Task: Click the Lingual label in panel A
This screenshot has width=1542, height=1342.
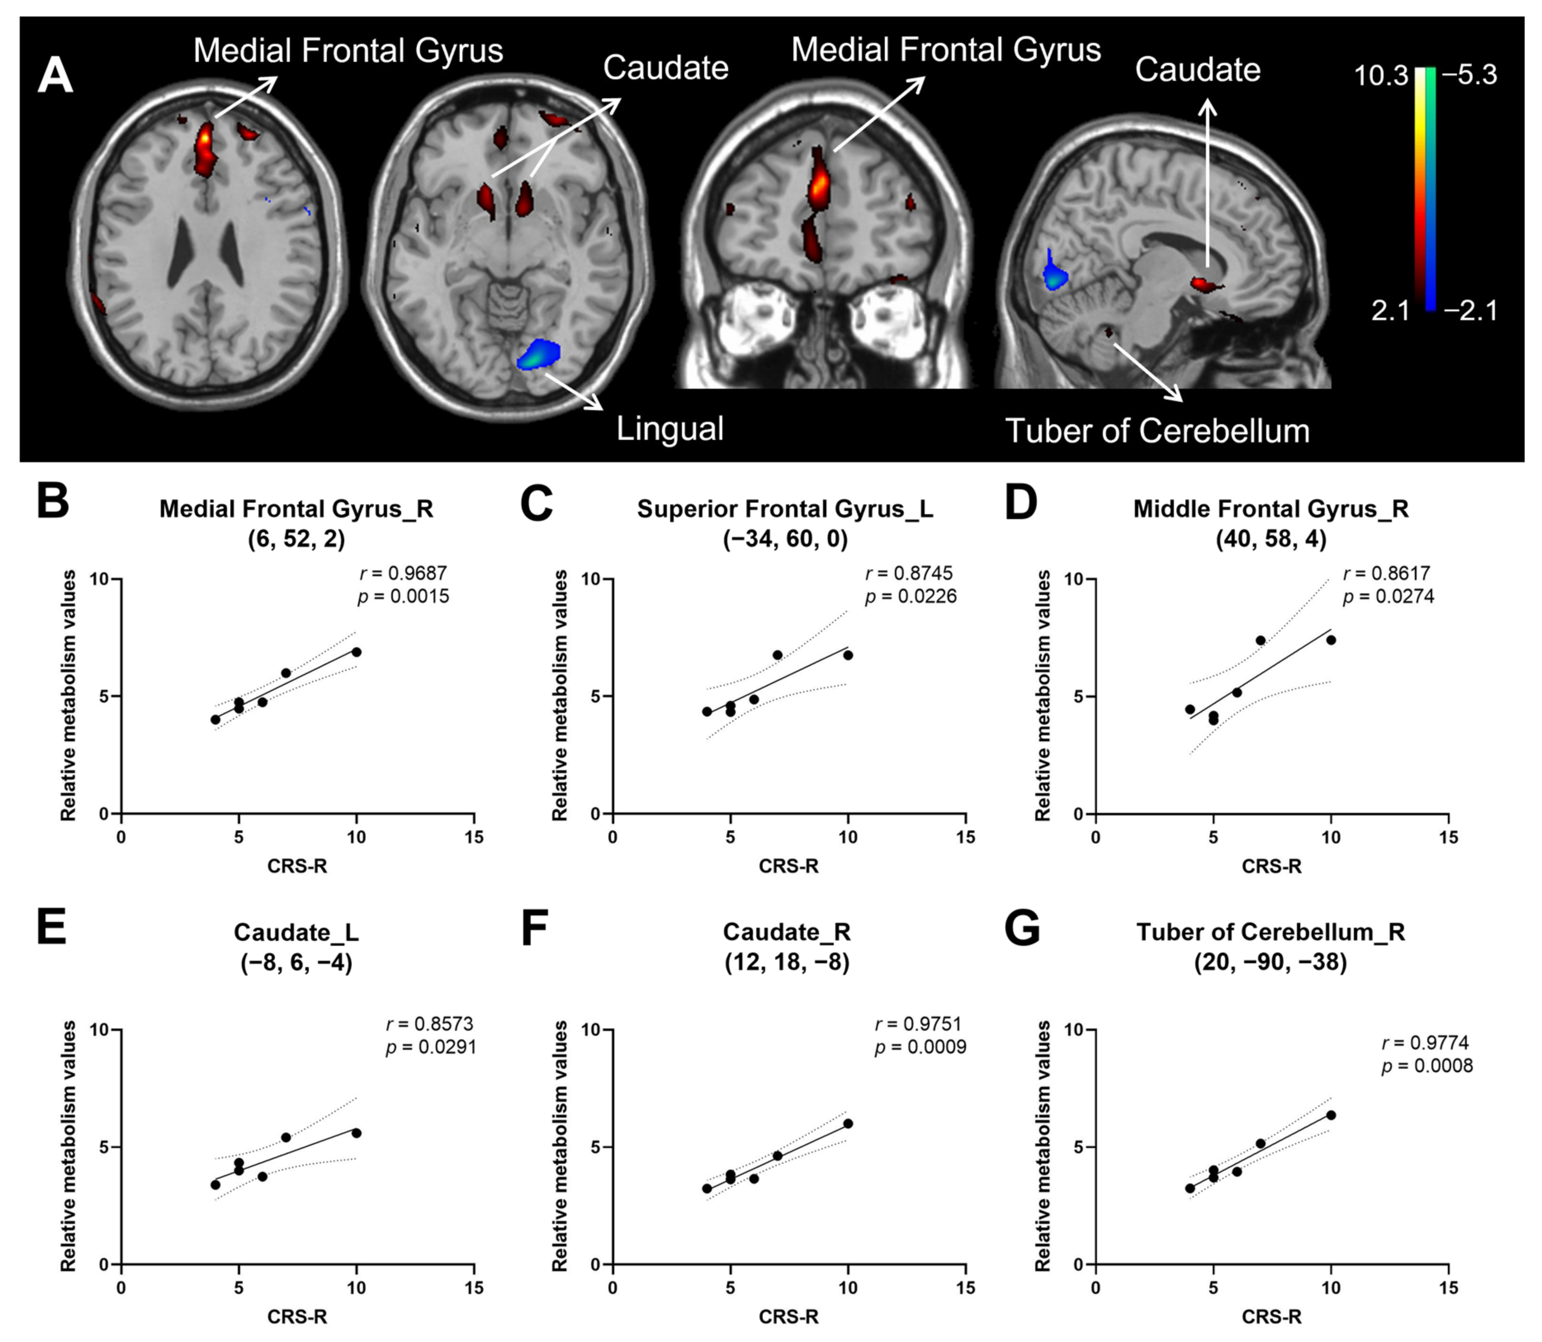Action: (x=669, y=429)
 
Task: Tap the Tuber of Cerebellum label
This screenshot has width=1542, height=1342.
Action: (x=1157, y=431)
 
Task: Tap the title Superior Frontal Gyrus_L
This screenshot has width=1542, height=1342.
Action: (x=785, y=509)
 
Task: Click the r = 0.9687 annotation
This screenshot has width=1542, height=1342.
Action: (x=403, y=574)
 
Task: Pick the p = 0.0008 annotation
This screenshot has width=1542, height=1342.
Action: (x=1427, y=1066)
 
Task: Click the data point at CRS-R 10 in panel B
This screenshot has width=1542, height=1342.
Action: (x=357, y=652)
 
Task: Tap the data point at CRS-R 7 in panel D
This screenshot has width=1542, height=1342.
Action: (x=1261, y=640)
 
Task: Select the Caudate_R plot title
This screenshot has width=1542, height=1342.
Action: (x=786, y=932)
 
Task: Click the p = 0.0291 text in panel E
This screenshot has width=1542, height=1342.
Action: (x=430, y=1047)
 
